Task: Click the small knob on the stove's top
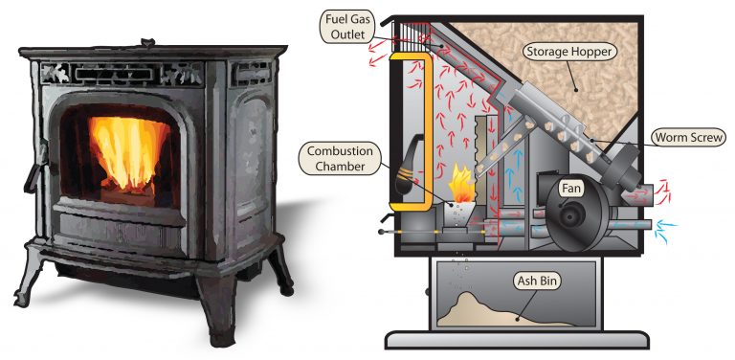tap(145, 41)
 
